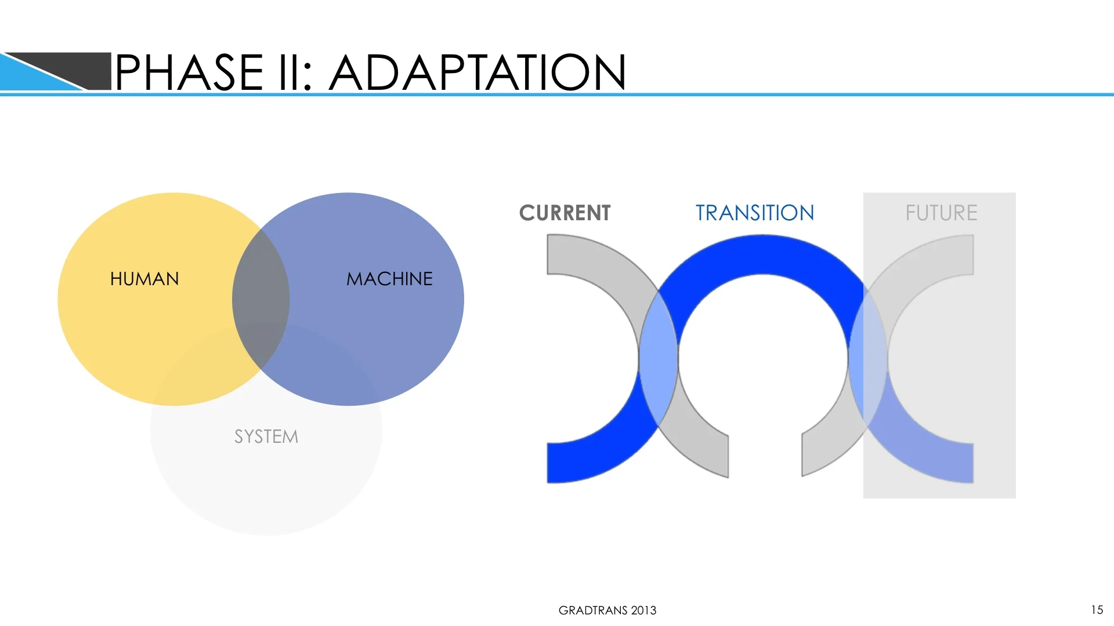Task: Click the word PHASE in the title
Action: point(189,72)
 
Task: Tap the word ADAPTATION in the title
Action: point(478,72)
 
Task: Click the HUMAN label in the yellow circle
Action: point(144,279)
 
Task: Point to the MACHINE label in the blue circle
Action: point(389,279)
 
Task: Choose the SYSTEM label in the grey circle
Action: point(266,436)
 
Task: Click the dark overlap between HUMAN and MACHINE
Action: point(261,299)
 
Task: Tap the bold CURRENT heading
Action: point(565,213)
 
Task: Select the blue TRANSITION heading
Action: point(755,213)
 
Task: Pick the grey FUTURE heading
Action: point(941,213)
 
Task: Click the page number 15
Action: point(1097,610)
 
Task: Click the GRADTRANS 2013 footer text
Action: point(607,610)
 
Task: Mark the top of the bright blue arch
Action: point(762,254)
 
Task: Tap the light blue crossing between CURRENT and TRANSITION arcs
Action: point(659,359)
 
